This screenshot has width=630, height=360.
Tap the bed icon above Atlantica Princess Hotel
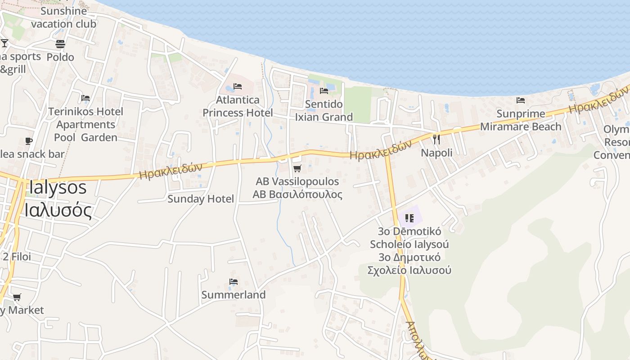tap(238, 86)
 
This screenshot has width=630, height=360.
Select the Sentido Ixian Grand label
tap(324, 111)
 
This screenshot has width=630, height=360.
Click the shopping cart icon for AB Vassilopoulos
tap(297, 169)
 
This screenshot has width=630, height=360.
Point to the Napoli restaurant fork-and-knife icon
tap(436, 139)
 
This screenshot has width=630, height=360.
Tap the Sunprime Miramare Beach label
tap(521, 120)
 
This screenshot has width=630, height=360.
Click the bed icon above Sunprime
tap(521, 100)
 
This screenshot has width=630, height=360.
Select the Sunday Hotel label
tap(201, 199)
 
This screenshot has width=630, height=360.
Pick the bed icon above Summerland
tap(233, 282)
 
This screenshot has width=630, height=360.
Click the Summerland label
tap(233, 295)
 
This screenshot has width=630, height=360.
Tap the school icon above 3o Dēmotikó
tap(409, 218)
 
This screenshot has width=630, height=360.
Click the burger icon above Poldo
tap(60, 44)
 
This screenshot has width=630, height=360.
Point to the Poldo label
tap(60, 57)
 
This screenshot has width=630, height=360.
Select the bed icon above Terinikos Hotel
tap(85, 98)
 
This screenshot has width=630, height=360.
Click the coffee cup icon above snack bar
tap(29, 141)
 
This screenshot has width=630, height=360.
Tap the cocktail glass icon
tap(4, 43)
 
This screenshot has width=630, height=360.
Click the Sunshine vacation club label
tap(63, 17)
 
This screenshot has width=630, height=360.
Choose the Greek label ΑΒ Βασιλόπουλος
tap(297, 194)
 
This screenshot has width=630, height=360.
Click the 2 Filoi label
tap(17, 256)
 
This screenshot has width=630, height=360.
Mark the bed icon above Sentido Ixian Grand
tap(324, 91)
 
